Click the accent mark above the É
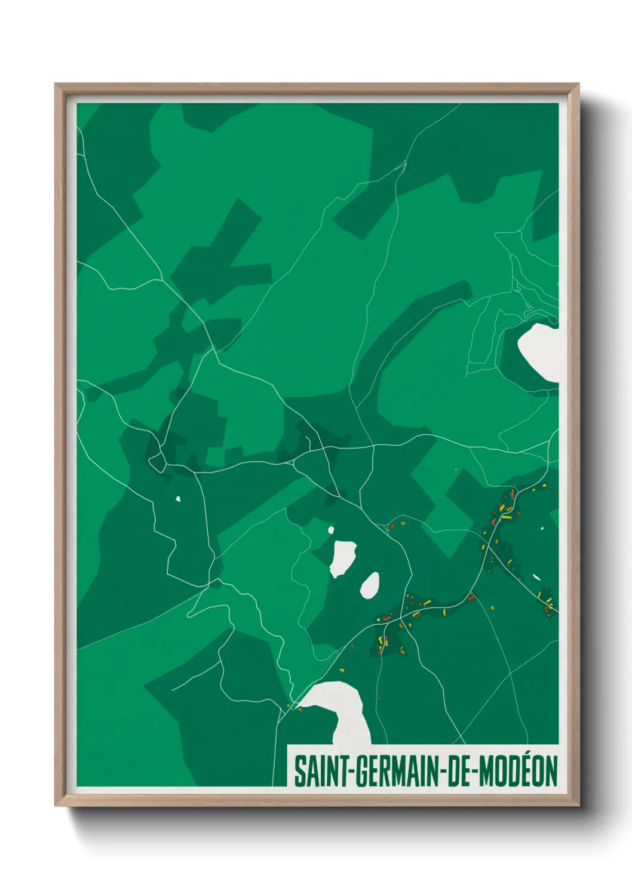click(x=528, y=756)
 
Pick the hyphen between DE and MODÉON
click(x=474, y=771)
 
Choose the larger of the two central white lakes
click(x=343, y=558)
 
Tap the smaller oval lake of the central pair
click(x=369, y=585)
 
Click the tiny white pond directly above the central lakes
click(x=330, y=529)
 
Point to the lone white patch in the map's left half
click(x=177, y=499)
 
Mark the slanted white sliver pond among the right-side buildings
click(x=536, y=578)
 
